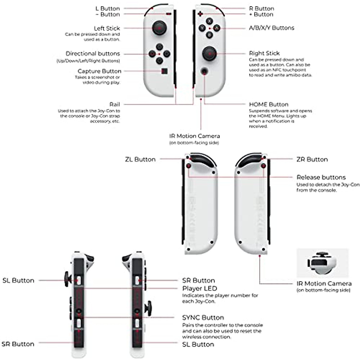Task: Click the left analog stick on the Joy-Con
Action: [x=159, y=28]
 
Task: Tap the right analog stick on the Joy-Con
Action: [x=209, y=54]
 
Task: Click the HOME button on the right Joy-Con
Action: [x=205, y=71]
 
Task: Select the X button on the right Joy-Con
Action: [x=209, y=21]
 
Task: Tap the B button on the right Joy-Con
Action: [x=209, y=35]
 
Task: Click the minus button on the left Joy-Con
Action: [x=169, y=14]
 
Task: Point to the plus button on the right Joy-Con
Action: [x=200, y=14]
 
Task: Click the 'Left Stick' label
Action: [x=107, y=28]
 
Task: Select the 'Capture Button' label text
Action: [x=99, y=71]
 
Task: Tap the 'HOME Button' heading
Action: [x=268, y=104]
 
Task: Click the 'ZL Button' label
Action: [x=140, y=159]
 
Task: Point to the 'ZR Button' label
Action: [x=312, y=159]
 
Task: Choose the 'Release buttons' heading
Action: [x=321, y=177]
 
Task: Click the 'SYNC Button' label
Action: [x=203, y=317]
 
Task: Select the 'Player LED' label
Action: [x=199, y=289]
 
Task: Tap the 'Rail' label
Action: [x=115, y=104]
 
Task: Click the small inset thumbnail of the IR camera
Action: [x=322, y=263]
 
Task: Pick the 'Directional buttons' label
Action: [x=93, y=54]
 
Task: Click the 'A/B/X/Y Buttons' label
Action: [x=271, y=28]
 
